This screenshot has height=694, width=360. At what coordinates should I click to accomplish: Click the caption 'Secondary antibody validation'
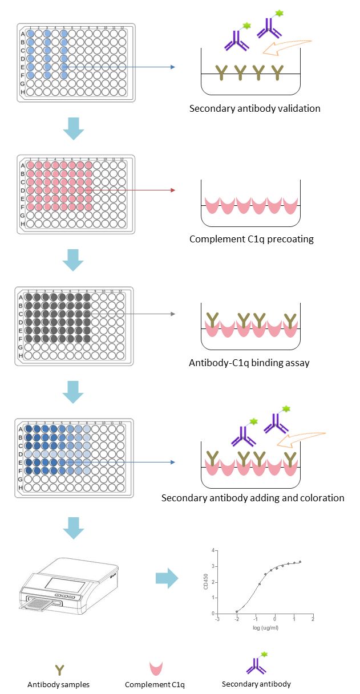click(x=254, y=108)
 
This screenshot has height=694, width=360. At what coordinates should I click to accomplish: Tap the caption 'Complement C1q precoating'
click(x=252, y=239)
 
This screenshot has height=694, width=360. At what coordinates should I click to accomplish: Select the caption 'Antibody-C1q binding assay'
click(x=249, y=363)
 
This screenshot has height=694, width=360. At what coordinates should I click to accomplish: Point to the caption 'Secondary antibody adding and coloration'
click(x=253, y=498)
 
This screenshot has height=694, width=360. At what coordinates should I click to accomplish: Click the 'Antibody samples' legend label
click(x=59, y=684)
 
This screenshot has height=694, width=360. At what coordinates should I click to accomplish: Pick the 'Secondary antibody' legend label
click(x=256, y=684)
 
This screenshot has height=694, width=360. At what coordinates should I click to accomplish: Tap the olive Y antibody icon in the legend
click(x=59, y=669)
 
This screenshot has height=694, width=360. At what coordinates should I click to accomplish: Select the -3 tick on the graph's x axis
click(x=217, y=619)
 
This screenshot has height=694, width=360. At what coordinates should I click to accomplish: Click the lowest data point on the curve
click(x=237, y=611)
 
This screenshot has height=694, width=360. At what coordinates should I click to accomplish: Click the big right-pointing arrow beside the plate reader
click(x=167, y=579)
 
